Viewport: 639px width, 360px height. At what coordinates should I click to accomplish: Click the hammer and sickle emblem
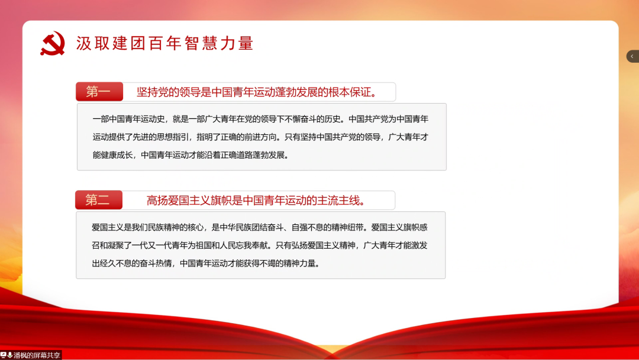[x=53, y=43]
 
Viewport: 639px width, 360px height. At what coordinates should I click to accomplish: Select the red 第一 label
[x=99, y=92]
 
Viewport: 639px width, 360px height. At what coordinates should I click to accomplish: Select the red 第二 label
[x=99, y=200]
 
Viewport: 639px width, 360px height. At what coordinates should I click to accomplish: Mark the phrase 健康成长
[x=117, y=155]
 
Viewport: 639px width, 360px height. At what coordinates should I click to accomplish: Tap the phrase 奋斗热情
[x=156, y=263]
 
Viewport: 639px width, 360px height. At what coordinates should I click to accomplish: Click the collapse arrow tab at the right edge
[x=632, y=56]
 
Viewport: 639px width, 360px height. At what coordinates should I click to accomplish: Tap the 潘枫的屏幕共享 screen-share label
[x=37, y=355]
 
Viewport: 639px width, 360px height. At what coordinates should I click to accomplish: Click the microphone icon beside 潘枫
[x=10, y=355]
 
